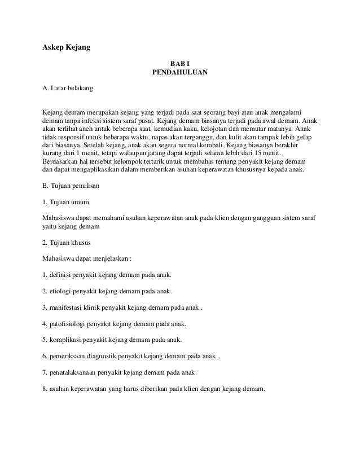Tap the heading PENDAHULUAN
(180, 73)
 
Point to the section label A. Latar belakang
(68, 89)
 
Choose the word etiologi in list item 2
(62, 292)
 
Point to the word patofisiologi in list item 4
(69, 324)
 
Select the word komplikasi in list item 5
(67, 341)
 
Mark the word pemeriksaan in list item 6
(69, 357)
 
